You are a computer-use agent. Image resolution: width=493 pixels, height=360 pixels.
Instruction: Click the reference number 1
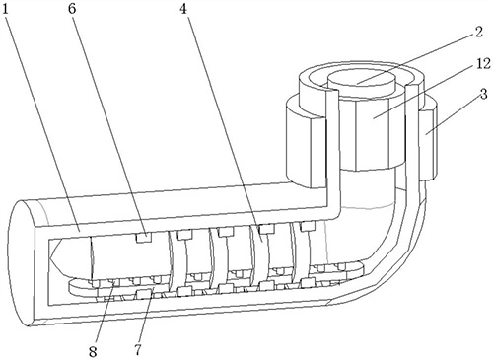tap(5, 10)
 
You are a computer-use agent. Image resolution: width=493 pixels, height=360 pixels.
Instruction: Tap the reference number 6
tap(72, 9)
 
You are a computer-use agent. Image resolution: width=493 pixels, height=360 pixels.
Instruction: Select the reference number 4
tap(183, 9)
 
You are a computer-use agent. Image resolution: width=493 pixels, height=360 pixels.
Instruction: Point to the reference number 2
tap(478, 32)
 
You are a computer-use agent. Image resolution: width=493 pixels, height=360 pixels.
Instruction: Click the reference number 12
tap(483, 63)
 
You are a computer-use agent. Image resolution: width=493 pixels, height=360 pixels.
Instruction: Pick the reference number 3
tap(483, 95)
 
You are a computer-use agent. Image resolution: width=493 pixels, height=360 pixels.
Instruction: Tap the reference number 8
tap(93, 351)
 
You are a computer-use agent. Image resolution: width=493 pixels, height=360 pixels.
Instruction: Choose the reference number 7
tap(138, 350)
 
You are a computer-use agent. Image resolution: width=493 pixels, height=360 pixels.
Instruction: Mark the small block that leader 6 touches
tap(144, 238)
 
